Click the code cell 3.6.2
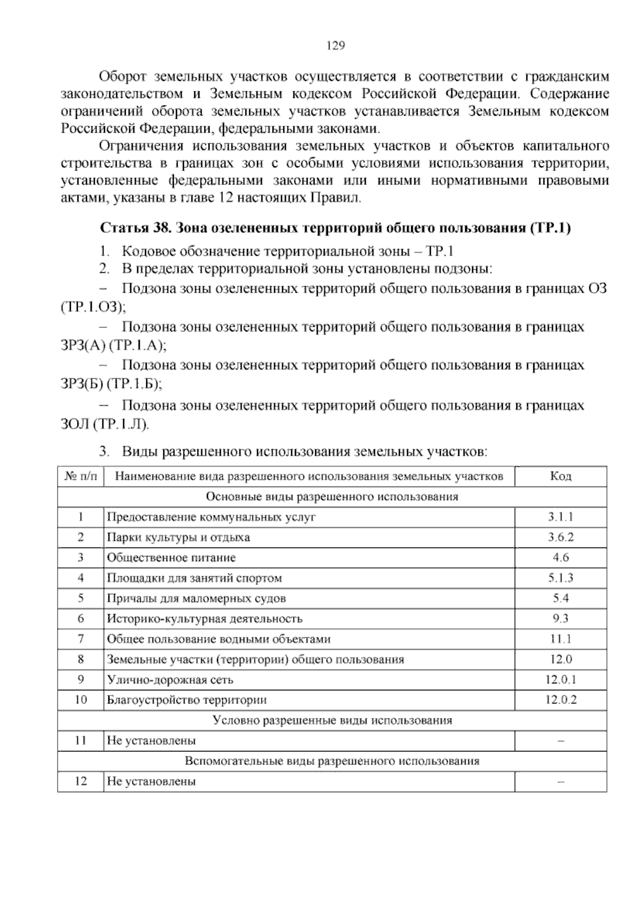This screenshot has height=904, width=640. coord(561,537)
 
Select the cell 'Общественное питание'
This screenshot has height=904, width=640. coord(171,558)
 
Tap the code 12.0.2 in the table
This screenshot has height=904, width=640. coord(561,700)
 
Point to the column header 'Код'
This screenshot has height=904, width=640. coord(561,476)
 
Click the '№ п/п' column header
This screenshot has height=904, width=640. coord(81,476)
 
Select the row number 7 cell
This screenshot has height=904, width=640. coord(81,639)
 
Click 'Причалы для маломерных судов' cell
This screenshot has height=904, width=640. coord(196,598)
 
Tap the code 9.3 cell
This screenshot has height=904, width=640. coord(561,618)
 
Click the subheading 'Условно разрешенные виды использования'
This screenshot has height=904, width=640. coord(332,720)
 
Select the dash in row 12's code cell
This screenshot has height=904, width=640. coord(561,781)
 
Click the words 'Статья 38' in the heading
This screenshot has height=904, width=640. coord(135,228)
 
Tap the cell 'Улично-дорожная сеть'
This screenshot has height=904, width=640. coord(170,680)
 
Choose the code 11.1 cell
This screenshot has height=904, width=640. coord(561,639)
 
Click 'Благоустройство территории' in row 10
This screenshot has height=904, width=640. coord(187,700)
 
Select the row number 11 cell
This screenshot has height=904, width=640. coord(81,740)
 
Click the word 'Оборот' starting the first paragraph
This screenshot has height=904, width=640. coord(122,77)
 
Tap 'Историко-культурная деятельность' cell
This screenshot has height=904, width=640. coord(205,618)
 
